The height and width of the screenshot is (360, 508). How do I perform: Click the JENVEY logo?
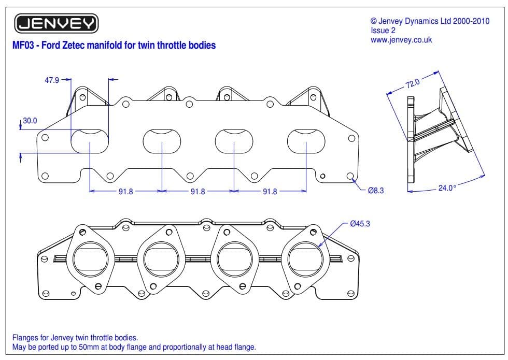click(x=57, y=23)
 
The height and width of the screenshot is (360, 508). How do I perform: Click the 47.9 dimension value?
click(x=51, y=80)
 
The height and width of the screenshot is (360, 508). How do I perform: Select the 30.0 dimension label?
click(x=30, y=120)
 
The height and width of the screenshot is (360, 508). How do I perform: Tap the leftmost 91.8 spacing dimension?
click(x=125, y=191)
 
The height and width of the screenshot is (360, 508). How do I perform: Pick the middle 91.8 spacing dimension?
click(x=197, y=191)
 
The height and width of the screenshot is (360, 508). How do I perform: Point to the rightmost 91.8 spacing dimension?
click(x=270, y=191)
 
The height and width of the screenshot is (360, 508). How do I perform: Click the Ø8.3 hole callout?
click(x=375, y=191)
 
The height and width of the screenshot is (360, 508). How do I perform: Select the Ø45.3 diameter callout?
click(x=360, y=224)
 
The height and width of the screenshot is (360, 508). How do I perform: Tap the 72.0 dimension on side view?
click(x=414, y=82)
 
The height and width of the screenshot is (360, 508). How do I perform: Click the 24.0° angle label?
click(x=447, y=188)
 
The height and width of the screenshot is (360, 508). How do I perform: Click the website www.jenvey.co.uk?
click(x=401, y=40)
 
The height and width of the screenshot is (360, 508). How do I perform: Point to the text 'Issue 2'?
click(x=383, y=31)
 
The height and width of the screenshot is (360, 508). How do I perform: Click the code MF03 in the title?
click(x=23, y=45)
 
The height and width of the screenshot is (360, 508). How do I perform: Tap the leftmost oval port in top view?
click(x=90, y=141)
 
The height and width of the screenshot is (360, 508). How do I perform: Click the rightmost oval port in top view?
click(x=306, y=141)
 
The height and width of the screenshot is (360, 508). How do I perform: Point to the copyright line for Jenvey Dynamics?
click(x=430, y=21)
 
